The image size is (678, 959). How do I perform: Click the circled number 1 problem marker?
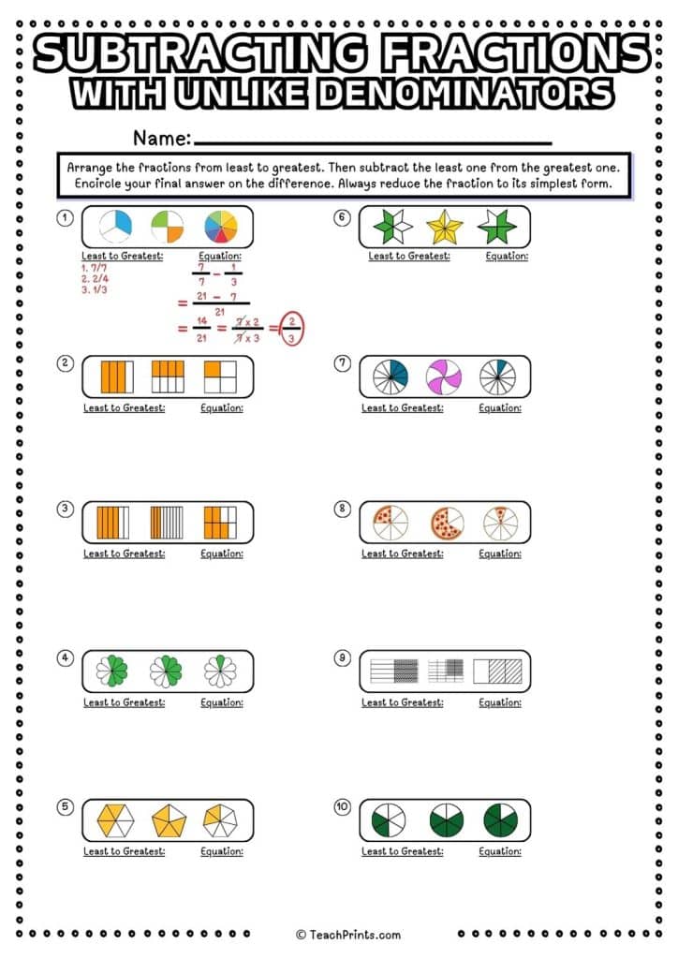65,218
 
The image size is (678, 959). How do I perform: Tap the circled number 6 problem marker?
343,218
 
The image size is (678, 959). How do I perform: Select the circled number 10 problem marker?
343,806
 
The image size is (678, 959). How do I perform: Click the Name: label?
162,138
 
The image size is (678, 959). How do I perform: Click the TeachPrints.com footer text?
348,934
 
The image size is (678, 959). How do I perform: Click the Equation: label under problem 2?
222,408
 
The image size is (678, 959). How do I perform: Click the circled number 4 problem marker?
65,658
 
